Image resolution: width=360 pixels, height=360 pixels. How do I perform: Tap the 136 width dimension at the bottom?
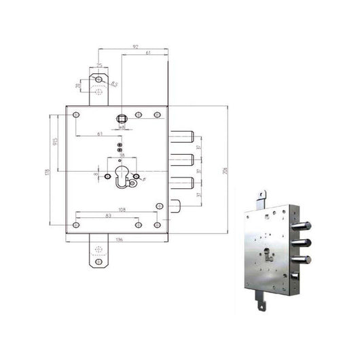pos(118,240)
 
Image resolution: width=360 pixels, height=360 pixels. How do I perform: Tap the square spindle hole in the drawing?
pos(122,120)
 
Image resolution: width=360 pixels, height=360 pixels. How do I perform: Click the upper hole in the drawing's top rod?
pos(99,80)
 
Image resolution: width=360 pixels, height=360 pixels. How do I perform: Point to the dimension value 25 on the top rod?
pos(99,66)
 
